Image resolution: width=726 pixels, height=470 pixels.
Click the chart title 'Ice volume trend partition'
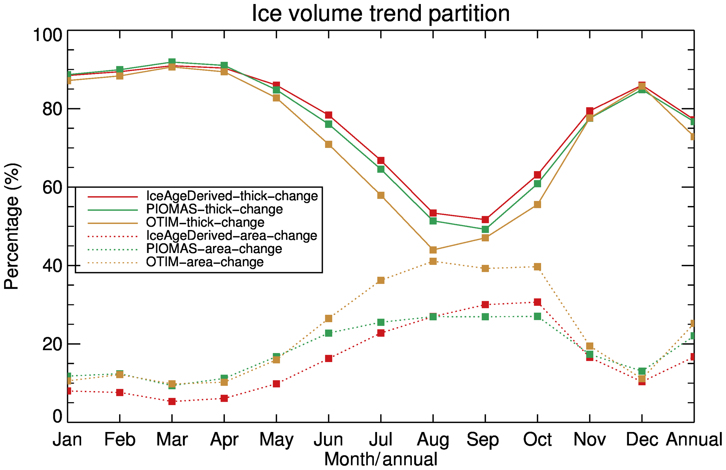point(380,13)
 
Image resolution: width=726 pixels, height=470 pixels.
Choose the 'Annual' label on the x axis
point(694,440)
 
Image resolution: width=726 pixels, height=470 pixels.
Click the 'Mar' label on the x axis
point(172,440)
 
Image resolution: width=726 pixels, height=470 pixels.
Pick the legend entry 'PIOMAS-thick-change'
point(214,209)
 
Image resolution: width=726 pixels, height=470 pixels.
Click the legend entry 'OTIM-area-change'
point(205,262)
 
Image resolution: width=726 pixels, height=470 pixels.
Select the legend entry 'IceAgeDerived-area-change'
point(232,236)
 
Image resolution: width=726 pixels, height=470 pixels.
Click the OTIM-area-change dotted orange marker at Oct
point(537,267)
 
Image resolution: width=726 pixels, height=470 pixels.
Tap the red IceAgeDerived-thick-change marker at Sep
point(485,220)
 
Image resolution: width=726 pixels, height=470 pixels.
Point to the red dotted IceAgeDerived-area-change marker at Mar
point(172,402)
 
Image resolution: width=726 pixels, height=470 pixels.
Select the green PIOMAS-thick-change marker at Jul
point(381,169)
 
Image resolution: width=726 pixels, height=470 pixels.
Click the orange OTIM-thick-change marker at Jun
point(328,144)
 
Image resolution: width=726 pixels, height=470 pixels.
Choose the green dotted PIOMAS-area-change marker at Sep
point(485,317)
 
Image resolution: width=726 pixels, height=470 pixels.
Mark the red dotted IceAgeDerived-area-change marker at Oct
point(537,302)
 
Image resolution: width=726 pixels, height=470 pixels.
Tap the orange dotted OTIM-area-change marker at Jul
point(381,281)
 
